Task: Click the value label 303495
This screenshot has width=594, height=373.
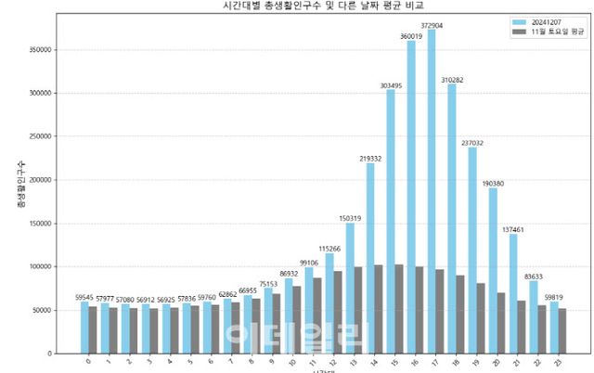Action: point(390,84)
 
